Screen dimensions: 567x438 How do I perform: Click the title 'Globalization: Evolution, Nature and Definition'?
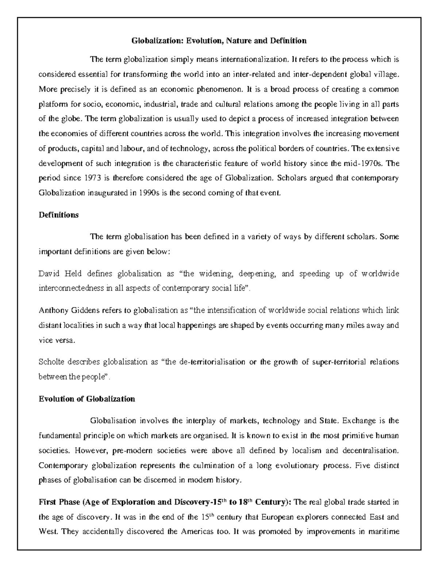pos(219,41)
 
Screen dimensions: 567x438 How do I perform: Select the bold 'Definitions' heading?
pos(58,215)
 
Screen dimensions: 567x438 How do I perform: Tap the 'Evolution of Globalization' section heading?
pos(87,399)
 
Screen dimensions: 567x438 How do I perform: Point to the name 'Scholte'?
pos(50,362)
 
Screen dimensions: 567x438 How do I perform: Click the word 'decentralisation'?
pos(370,451)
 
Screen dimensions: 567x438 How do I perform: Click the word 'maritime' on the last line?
pos(385,531)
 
